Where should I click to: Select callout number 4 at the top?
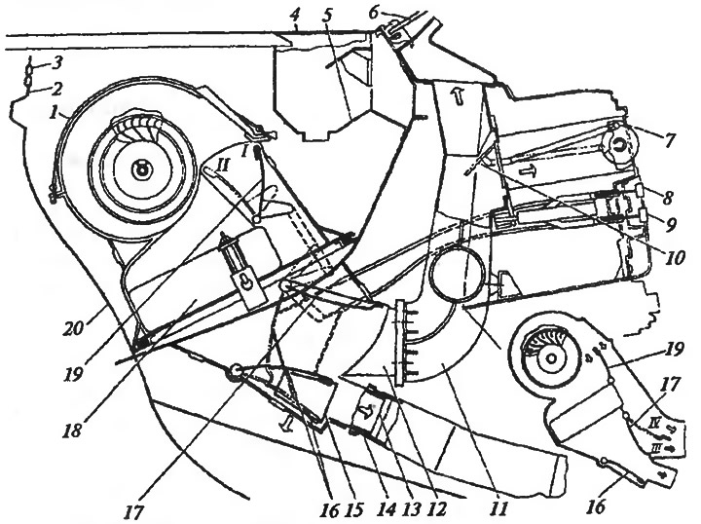[294, 16]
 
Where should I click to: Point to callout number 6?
[374, 12]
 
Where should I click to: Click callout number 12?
[437, 508]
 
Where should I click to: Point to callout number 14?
[387, 508]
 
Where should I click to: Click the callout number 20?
[74, 329]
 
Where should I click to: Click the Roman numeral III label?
[656, 447]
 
